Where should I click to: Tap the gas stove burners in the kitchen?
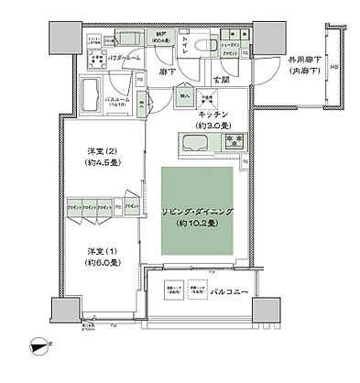(x=236, y=142)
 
